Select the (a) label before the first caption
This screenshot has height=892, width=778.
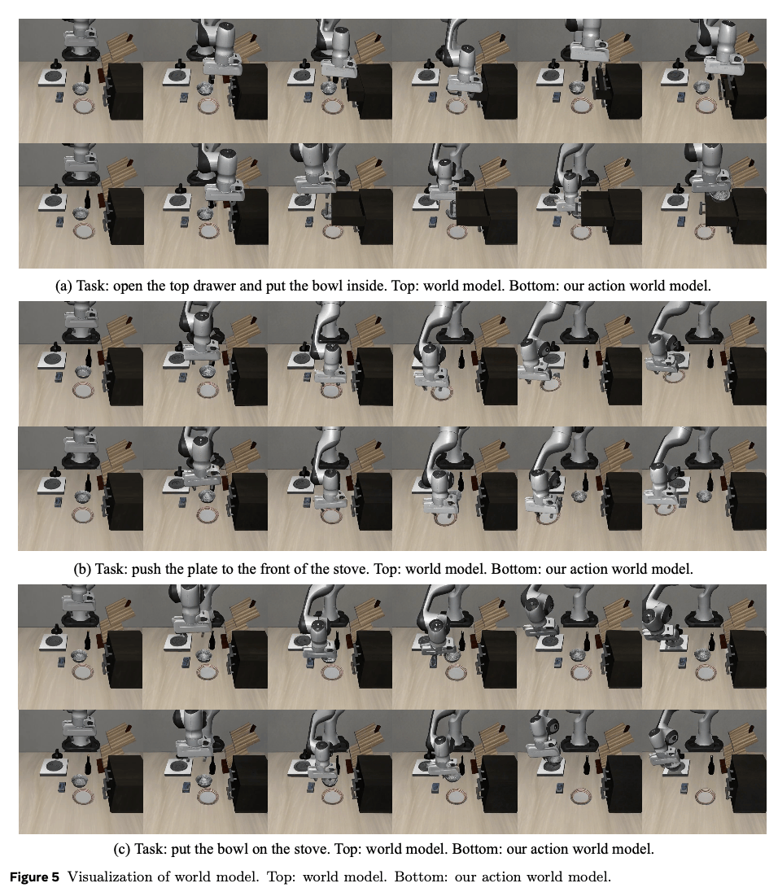63,286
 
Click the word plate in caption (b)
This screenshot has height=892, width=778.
203,569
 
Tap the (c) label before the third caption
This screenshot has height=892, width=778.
122,849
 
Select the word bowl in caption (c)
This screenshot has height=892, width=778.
234,849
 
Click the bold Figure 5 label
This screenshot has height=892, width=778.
35,877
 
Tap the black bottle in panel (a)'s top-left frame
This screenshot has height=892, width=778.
88,74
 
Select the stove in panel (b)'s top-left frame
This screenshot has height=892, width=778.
52,358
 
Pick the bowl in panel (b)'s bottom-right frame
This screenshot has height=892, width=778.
706,496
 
